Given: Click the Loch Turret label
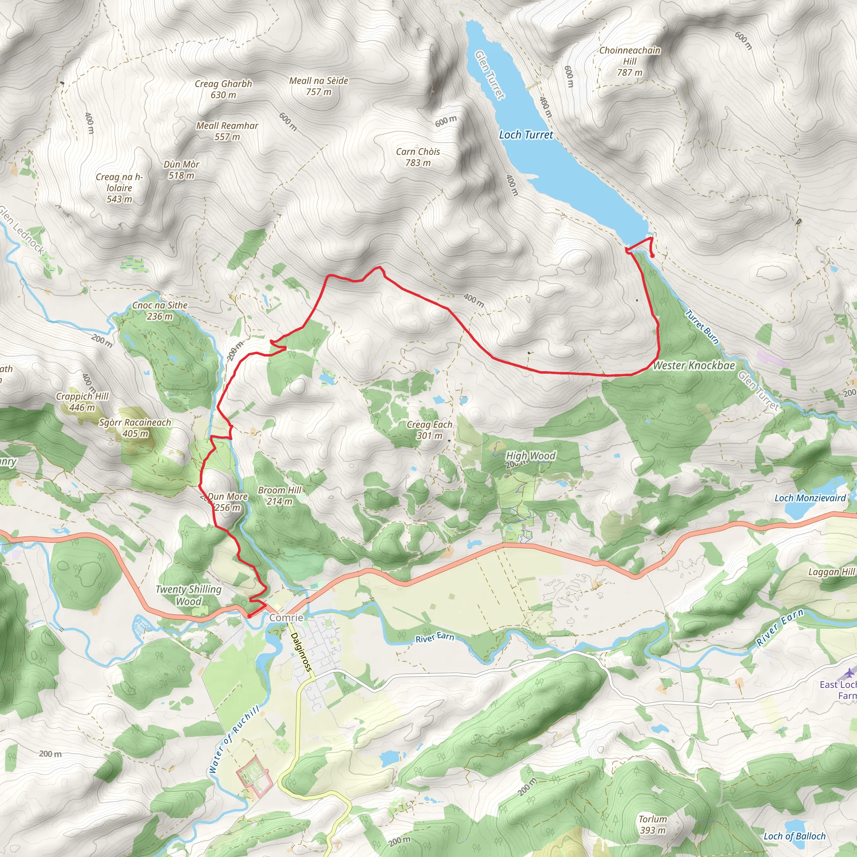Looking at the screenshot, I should tap(526, 135).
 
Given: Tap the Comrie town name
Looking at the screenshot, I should tap(286, 618).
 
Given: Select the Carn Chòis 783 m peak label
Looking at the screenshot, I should tap(418, 157).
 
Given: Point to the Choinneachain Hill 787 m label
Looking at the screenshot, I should tap(629, 61).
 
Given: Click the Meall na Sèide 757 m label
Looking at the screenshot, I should tap(318, 86).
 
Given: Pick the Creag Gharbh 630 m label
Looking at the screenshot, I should tap(223, 89).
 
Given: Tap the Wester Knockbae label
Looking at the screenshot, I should tap(694, 365).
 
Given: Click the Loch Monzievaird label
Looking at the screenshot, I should tap(810, 498).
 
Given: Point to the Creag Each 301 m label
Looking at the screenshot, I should tap(429, 430).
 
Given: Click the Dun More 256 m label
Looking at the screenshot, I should tap(228, 502).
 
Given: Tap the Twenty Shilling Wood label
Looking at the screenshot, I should tap(189, 595).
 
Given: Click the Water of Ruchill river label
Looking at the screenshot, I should tap(234, 739).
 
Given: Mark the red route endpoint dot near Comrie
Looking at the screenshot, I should tap(249, 616).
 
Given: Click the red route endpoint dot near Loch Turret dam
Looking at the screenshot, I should tap(652, 256).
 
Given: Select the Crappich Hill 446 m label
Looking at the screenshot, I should tap(82, 401).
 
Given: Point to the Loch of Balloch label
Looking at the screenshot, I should tap(795, 836).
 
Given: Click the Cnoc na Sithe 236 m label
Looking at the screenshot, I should tap(160, 310).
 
